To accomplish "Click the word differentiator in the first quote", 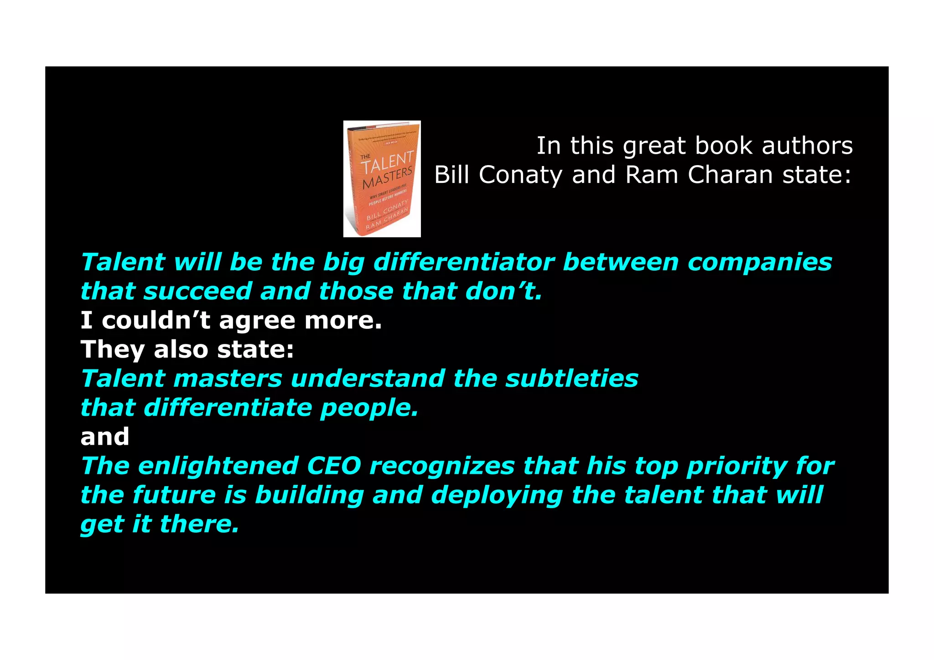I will tap(464, 262).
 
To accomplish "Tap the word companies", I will tap(760, 263).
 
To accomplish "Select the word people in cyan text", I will tap(369, 408).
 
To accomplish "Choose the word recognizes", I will tap(442, 467).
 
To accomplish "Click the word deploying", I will tap(497, 496).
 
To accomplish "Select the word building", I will tap(309, 495).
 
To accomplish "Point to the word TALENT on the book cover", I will tap(388, 162).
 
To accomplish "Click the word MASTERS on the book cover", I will tap(388, 178).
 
